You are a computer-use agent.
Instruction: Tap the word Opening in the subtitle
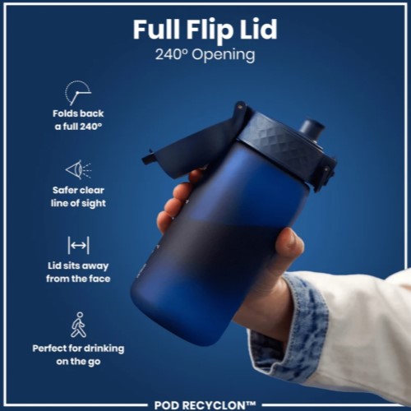[224, 55]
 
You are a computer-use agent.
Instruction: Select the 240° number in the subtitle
[172, 54]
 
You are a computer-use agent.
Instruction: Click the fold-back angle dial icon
[77, 93]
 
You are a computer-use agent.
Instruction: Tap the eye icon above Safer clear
[78, 170]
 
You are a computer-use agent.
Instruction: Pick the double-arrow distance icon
[78, 246]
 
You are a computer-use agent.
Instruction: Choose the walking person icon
[79, 325]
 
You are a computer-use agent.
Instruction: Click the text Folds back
[78, 113]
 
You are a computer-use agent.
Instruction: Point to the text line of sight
[78, 204]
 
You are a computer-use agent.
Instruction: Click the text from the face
[78, 279]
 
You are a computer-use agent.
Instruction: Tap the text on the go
[78, 362]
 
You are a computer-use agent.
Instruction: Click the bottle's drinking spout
[312, 129]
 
